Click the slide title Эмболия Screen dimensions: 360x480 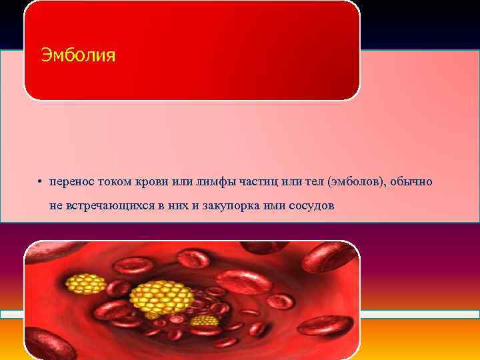coord(78,54)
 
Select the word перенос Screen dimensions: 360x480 coord(71,181)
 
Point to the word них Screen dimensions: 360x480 coord(175,205)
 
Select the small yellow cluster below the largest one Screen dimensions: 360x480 coord(204,321)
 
